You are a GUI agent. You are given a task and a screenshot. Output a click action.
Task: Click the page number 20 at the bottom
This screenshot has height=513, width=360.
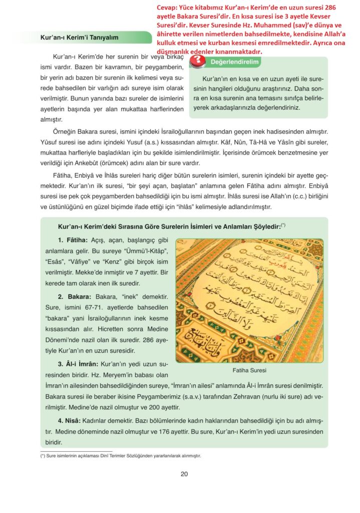point(184,474)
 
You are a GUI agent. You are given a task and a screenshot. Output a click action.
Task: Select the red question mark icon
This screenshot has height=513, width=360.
point(199,61)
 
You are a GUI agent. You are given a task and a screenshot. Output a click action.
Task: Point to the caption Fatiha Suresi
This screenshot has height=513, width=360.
point(249,371)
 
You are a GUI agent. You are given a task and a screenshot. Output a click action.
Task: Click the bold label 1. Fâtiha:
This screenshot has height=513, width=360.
point(73,240)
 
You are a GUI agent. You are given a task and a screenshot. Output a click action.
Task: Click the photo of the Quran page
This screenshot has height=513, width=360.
point(249,300)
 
